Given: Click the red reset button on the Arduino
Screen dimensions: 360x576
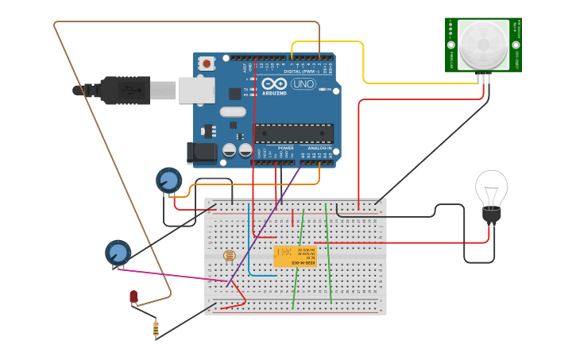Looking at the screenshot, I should [x=207, y=63].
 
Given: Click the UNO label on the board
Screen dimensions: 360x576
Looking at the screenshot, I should [x=303, y=84].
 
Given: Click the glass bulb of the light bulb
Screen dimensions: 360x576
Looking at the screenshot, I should [x=491, y=188].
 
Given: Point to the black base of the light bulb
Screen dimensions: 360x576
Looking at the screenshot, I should [x=492, y=215].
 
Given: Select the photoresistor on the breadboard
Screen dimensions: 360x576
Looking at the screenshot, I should [x=229, y=255].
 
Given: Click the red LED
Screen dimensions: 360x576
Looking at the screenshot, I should [x=133, y=296].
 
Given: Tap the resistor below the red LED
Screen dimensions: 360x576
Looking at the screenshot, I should [x=156, y=327].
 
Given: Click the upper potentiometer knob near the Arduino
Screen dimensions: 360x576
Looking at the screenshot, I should [x=168, y=180].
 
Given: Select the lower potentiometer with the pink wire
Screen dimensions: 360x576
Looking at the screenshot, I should [x=118, y=253].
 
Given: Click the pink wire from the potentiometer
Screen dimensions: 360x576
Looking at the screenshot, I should [x=175, y=274].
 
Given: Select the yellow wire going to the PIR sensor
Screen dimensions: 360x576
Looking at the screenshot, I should [x=364, y=64].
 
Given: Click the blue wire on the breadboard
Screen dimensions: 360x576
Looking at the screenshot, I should [x=249, y=238].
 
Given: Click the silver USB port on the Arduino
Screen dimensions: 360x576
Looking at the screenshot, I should [x=196, y=90].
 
